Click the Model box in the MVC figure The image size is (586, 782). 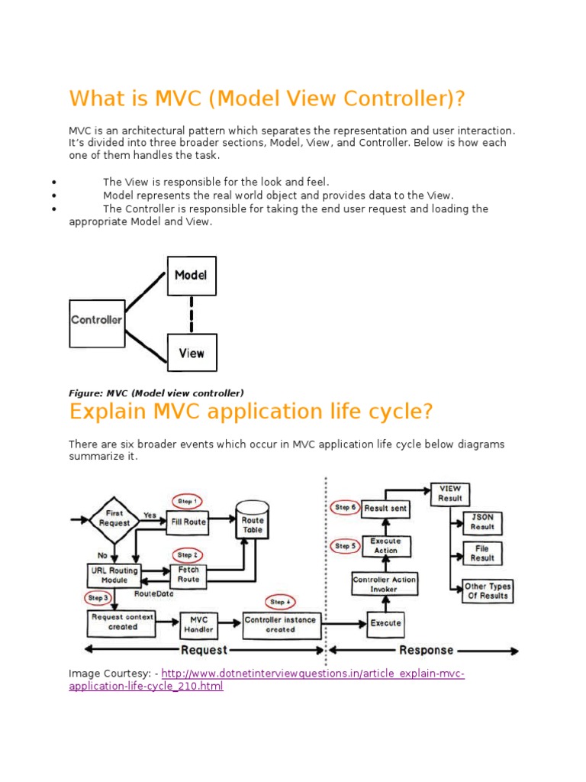[x=192, y=276]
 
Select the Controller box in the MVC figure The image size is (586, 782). [x=97, y=321]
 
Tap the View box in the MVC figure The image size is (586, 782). [x=192, y=353]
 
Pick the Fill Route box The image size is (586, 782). [x=189, y=521]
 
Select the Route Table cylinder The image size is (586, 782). [x=253, y=520]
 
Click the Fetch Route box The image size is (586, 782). [x=188, y=574]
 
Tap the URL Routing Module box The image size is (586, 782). [x=114, y=575]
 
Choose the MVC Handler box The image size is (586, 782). [x=198, y=625]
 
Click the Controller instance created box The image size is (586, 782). [x=281, y=625]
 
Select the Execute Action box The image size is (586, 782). [x=385, y=545]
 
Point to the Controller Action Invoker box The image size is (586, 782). [x=385, y=584]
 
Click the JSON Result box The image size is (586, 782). [x=482, y=522]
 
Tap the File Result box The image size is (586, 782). [x=482, y=553]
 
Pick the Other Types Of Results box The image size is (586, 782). [x=488, y=591]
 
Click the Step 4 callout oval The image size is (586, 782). [x=279, y=602]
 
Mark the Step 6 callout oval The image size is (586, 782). [x=346, y=507]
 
